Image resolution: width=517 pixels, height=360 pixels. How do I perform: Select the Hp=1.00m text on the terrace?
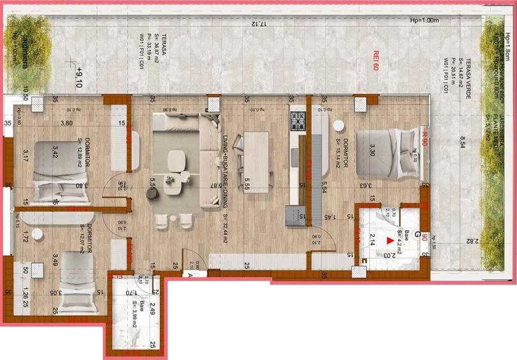[425, 20]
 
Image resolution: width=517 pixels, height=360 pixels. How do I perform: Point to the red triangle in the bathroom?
[390, 241]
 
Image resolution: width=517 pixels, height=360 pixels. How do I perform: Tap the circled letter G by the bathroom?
[417, 235]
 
